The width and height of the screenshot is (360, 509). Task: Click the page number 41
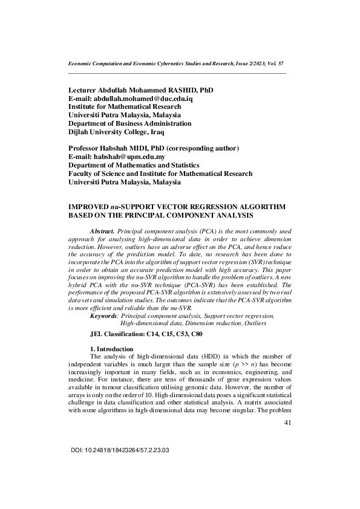[x=287, y=423]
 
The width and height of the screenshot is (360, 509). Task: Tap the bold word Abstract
[x=102, y=232]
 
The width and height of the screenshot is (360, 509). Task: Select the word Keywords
[x=103, y=316]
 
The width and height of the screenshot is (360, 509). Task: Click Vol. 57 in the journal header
[x=275, y=63]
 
